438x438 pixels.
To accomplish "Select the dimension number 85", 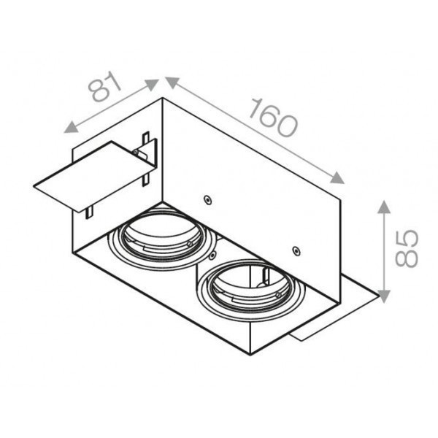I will coord(404,248).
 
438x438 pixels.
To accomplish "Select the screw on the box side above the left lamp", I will coord(208,199).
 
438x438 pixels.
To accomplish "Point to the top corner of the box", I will coord(164,98).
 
